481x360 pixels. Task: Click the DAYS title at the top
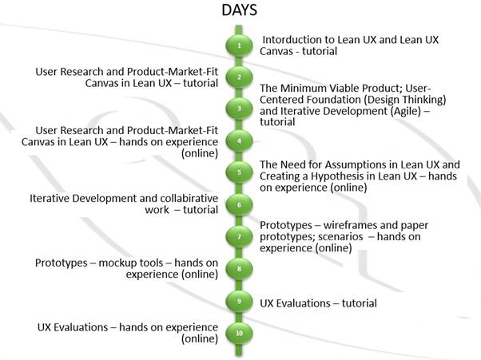point(239,10)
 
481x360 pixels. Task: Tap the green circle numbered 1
point(239,45)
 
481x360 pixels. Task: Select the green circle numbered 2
point(239,77)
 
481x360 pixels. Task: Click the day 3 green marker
point(239,109)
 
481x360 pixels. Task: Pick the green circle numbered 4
point(239,141)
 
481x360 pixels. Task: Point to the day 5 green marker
point(239,172)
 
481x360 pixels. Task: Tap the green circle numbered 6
point(239,204)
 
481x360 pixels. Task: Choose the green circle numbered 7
point(239,237)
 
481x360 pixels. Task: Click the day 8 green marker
point(239,269)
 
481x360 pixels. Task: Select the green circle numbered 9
point(239,301)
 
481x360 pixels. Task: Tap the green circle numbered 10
point(239,333)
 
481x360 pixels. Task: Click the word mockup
point(113,263)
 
